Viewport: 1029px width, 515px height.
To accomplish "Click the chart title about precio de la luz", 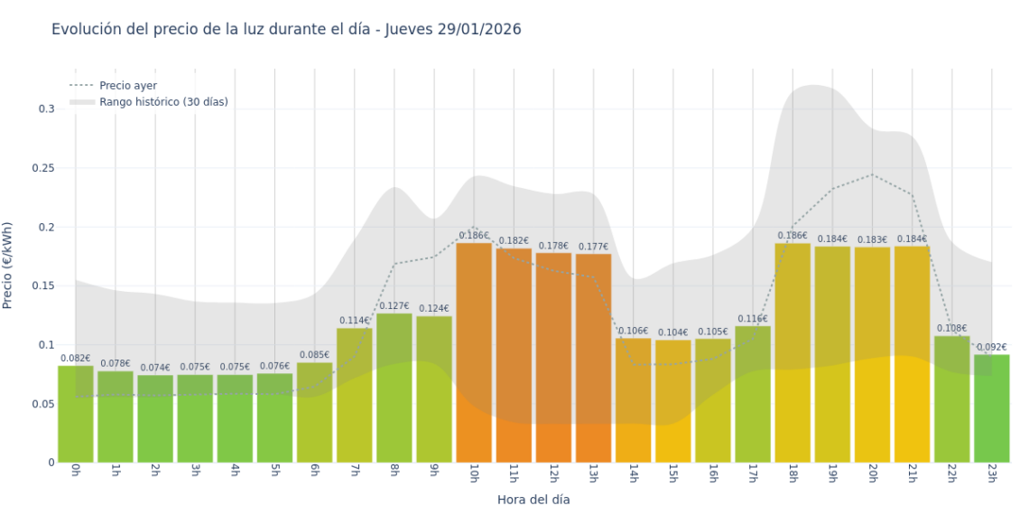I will [x=286, y=30].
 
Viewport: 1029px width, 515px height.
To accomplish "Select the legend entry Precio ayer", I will [x=127, y=86].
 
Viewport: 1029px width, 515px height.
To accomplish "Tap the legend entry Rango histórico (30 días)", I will [x=163, y=102].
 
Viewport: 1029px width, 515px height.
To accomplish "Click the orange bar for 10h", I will [x=474, y=352].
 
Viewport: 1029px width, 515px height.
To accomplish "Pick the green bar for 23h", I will [x=991, y=408].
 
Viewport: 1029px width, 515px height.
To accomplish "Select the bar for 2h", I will [x=155, y=418].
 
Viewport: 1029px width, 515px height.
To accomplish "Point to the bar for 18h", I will [x=793, y=352].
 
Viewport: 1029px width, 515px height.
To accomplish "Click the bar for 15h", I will [x=673, y=401].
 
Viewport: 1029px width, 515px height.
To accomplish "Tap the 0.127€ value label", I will [x=394, y=306].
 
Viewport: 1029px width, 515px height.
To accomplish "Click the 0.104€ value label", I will [x=673, y=332].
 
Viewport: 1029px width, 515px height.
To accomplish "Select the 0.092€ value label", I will [x=991, y=347].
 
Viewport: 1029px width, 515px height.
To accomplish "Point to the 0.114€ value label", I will [x=355, y=321].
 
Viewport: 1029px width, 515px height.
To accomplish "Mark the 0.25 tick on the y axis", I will [x=42, y=168].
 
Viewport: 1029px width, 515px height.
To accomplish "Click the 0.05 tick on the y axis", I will [x=42, y=404].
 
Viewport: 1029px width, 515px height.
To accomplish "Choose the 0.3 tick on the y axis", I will [x=45, y=109].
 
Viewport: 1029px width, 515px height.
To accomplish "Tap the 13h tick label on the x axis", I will [x=594, y=473].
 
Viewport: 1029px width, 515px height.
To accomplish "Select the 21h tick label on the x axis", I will [x=912, y=473].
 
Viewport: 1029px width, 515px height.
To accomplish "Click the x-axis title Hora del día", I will [x=533, y=500].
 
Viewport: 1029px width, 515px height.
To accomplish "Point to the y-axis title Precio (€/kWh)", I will [x=8, y=266].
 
